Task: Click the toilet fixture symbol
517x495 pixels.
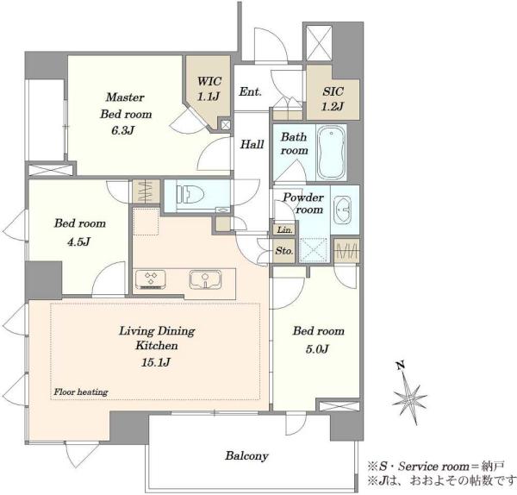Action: (187, 194)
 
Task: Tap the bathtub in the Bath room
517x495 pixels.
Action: (332, 152)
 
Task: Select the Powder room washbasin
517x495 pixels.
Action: (342, 210)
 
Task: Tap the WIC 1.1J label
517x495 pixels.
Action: (209, 89)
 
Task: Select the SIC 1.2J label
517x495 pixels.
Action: (333, 98)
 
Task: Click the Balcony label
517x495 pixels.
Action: (246, 456)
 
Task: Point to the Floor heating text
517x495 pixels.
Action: (81, 392)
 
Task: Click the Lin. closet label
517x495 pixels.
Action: (285, 229)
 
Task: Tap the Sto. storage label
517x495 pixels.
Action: (284, 251)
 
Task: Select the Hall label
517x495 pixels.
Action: (252, 144)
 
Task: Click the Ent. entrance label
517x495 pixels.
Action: (250, 91)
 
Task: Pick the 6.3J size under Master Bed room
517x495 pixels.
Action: (122, 131)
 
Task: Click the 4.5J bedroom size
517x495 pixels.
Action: (78, 242)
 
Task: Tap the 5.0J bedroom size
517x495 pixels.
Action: (317, 349)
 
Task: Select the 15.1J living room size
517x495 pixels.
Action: (156, 363)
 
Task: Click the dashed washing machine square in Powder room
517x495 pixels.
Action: (314, 250)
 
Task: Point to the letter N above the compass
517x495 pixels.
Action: (401, 366)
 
